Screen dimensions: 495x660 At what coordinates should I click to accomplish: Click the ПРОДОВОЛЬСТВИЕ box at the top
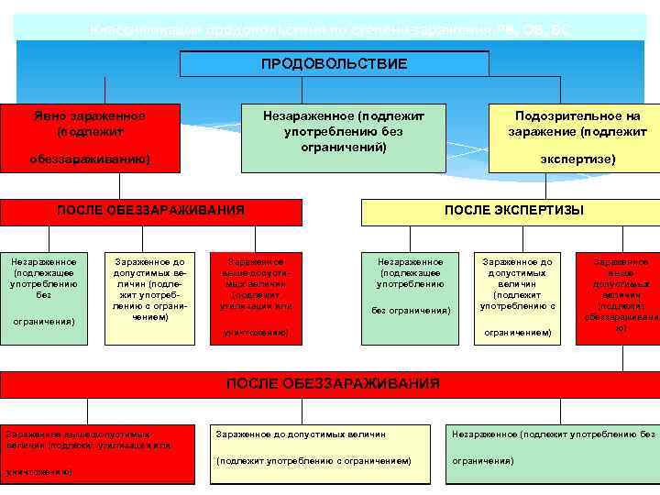334,63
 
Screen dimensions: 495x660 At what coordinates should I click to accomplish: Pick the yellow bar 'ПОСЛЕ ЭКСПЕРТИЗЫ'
512,211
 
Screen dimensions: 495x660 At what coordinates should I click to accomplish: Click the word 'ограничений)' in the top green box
343,147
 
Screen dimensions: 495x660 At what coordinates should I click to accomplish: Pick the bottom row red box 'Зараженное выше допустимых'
97,453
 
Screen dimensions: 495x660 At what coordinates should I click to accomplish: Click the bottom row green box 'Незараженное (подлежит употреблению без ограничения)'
553,453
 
